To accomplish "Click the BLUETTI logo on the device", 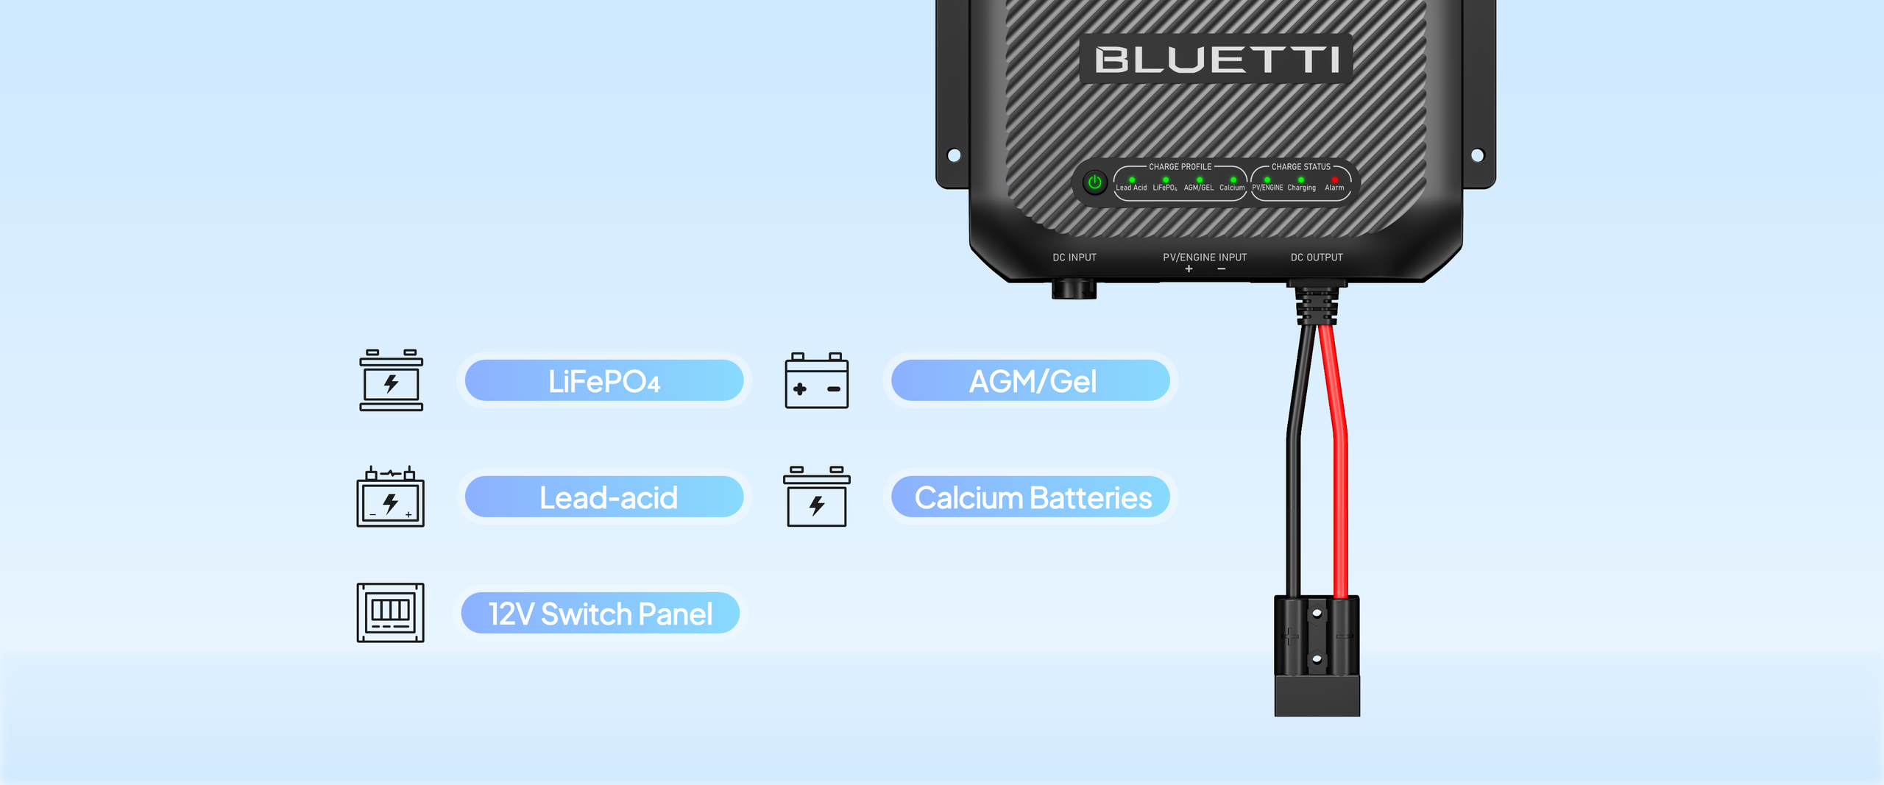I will [1216, 59].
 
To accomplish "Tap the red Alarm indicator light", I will [1334, 180].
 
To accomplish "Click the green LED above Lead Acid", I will [1132, 180].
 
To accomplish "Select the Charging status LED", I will [1301, 180].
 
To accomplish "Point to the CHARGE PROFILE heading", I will [1180, 167].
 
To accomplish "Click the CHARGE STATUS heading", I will [1300, 167].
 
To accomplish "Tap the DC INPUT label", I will [1074, 257].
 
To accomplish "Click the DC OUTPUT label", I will [1316, 257].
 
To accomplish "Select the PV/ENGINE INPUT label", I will [1204, 257].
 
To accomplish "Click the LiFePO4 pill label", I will [604, 381].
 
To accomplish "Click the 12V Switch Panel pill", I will [600, 614].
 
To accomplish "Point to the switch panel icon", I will [390, 613].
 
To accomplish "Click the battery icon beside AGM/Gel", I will [816, 381].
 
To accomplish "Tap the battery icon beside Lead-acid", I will [390, 497].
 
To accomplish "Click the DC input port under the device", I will [1074, 288].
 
